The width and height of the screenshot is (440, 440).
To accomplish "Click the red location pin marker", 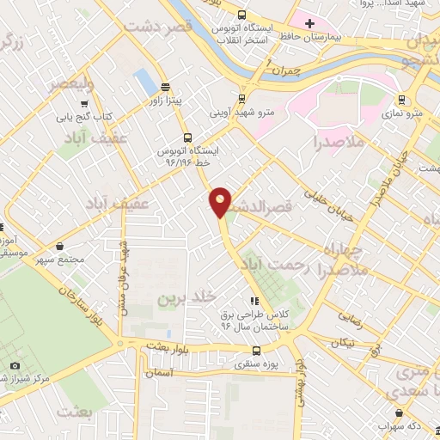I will [x=221, y=202].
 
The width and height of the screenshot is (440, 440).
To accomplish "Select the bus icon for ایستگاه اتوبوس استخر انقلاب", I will [x=242, y=15].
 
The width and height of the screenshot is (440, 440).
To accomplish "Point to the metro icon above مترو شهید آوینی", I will [x=241, y=98].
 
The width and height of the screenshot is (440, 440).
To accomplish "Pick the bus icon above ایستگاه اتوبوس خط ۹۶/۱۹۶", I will [x=187, y=137].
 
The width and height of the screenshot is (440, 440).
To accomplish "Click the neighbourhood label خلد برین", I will [x=183, y=297].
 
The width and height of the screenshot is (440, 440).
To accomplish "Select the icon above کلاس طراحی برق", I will [x=254, y=301].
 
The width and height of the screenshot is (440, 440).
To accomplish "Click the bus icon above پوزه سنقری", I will [x=256, y=350].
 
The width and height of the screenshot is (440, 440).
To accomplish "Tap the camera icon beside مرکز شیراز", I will [x=15, y=366].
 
